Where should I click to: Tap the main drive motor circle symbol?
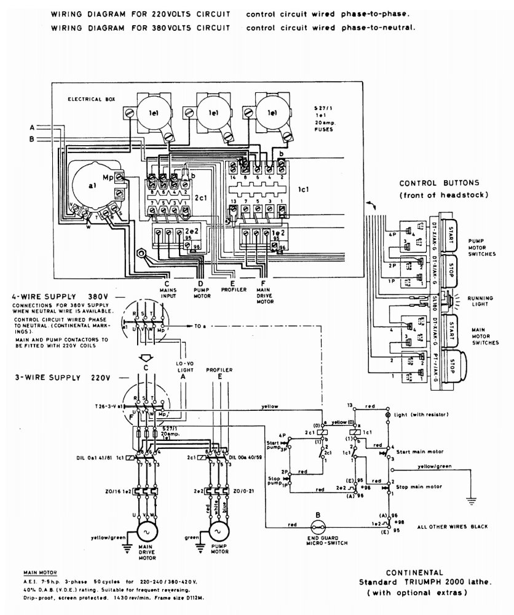(147, 531)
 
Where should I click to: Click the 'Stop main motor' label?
(419, 485)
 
